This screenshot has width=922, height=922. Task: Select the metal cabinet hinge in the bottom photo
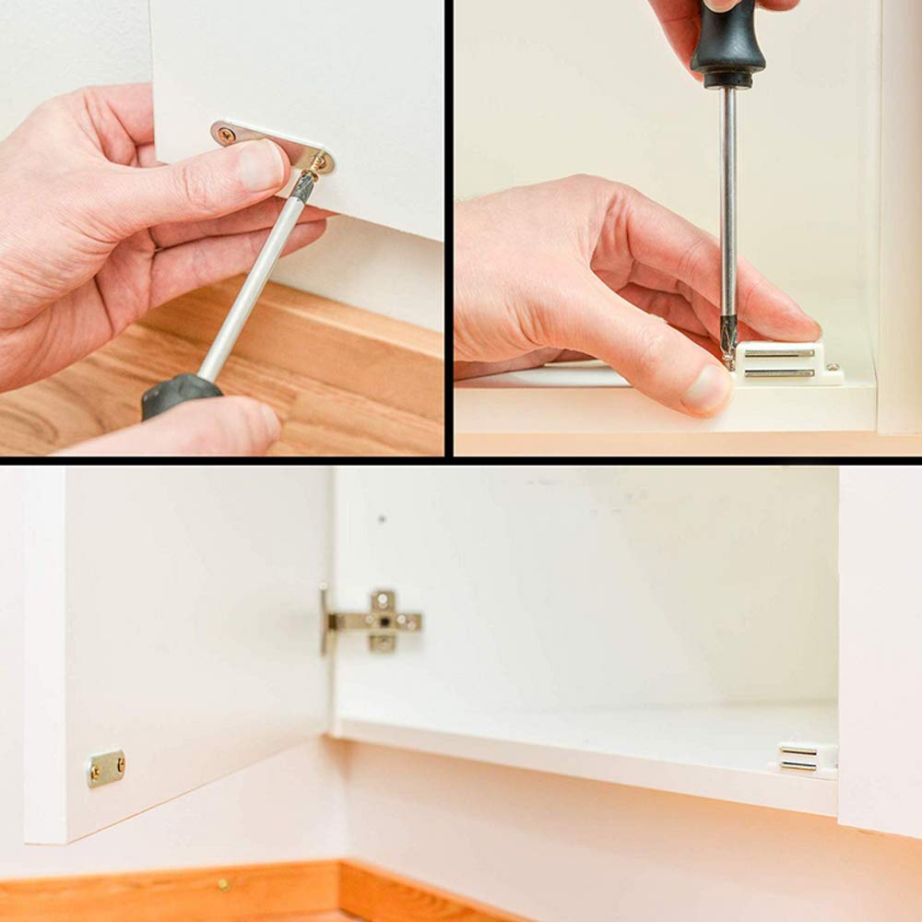click(x=376, y=621)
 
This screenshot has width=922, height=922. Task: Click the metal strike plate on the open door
click(x=106, y=767)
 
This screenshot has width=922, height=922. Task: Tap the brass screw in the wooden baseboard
click(x=224, y=884)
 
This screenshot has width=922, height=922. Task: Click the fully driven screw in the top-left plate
click(x=227, y=135)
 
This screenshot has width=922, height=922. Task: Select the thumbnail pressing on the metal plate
click(x=261, y=166)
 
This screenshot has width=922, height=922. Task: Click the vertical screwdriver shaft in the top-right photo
click(x=727, y=212)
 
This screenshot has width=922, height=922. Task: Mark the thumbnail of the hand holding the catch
click(x=706, y=389)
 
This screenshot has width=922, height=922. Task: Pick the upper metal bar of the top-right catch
click(x=780, y=353)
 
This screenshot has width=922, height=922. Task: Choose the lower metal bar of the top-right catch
click(x=780, y=372)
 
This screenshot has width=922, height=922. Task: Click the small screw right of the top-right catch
click(x=835, y=368)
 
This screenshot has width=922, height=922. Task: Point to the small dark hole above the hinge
click(x=381, y=519)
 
